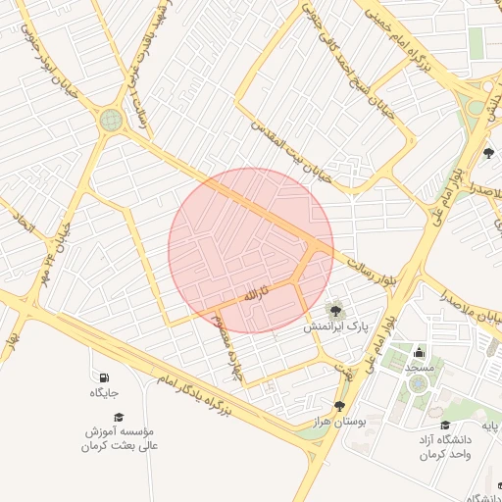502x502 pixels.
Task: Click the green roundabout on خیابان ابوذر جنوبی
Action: coord(111,121)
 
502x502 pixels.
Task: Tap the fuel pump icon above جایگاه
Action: coord(104,377)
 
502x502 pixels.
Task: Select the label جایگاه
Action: coord(104,393)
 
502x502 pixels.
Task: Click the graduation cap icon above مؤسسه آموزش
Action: coord(119,417)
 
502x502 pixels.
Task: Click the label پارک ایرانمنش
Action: coord(336,326)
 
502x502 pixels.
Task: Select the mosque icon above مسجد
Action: coord(420,352)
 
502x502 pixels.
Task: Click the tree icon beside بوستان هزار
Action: coord(339,406)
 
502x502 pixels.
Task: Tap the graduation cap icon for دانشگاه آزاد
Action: coord(446,425)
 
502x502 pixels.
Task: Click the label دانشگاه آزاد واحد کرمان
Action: coord(445,447)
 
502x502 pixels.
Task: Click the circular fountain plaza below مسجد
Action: coord(418,383)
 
